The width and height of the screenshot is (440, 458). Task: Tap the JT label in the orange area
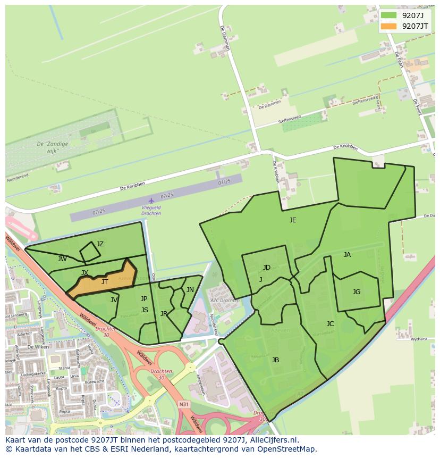pos(105,282)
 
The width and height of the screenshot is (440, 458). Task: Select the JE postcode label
pos(293,220)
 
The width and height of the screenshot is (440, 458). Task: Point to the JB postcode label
pos(275,360)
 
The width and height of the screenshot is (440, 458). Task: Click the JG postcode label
pos(357,292)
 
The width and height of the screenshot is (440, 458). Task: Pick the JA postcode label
pos(347,255)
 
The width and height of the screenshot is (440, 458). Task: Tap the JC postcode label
pos(330,324)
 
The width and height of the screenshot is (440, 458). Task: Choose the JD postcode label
pos(266,268)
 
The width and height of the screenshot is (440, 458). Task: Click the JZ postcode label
pos(100,244)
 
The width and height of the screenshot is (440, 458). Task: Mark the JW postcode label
pos(62,259)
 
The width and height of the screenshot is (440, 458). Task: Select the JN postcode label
pos(190,290)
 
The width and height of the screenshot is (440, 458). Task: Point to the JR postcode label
pos(164,314)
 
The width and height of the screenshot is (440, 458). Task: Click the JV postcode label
pos(114,300)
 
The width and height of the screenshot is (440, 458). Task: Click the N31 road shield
pos(183,404)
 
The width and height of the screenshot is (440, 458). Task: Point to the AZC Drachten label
pos(225,301)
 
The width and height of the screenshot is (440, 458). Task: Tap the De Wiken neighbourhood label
pos(38,346)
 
